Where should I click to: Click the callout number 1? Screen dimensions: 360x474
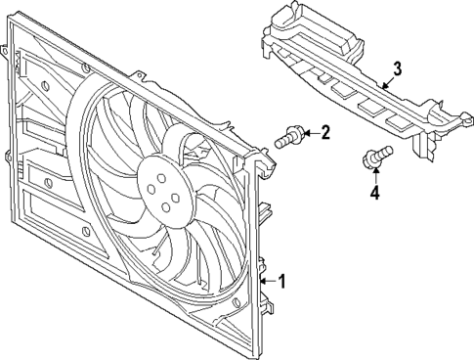coord(283,283)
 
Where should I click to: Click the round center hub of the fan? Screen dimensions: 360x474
coord(160,185)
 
